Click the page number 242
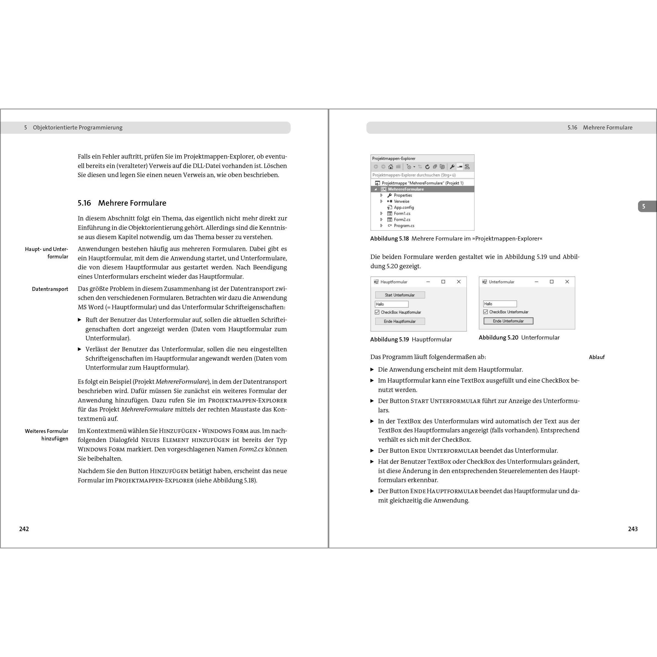point(24,529)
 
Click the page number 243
point(633,529)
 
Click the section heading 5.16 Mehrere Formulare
point(122,203)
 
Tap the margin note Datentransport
point(50,289)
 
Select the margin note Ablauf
point(597,357)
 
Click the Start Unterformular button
point(400,295)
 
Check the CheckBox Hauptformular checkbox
point(377,312)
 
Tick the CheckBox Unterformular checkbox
point(485,312)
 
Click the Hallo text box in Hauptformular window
point(391,304)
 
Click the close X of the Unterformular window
point(567,281)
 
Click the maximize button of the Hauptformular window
point(443,281)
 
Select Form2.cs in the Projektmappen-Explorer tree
point(402,219)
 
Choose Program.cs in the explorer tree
point(404,225)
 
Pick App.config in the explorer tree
point(404,207)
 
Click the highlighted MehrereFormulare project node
point(406,189)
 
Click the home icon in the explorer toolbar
point(391,167)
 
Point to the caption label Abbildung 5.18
point(389,239)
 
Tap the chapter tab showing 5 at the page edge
point(644,206)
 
